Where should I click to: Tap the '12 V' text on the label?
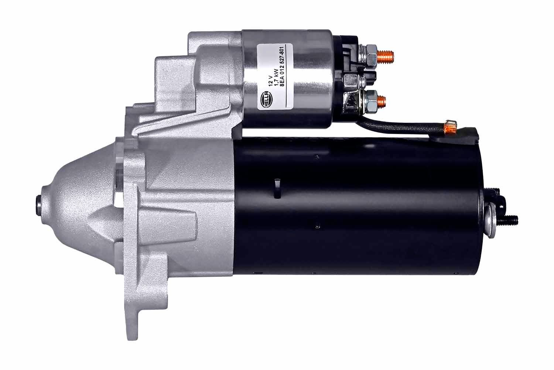pos(271,79)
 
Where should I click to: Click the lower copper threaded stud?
pos(383,99)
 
